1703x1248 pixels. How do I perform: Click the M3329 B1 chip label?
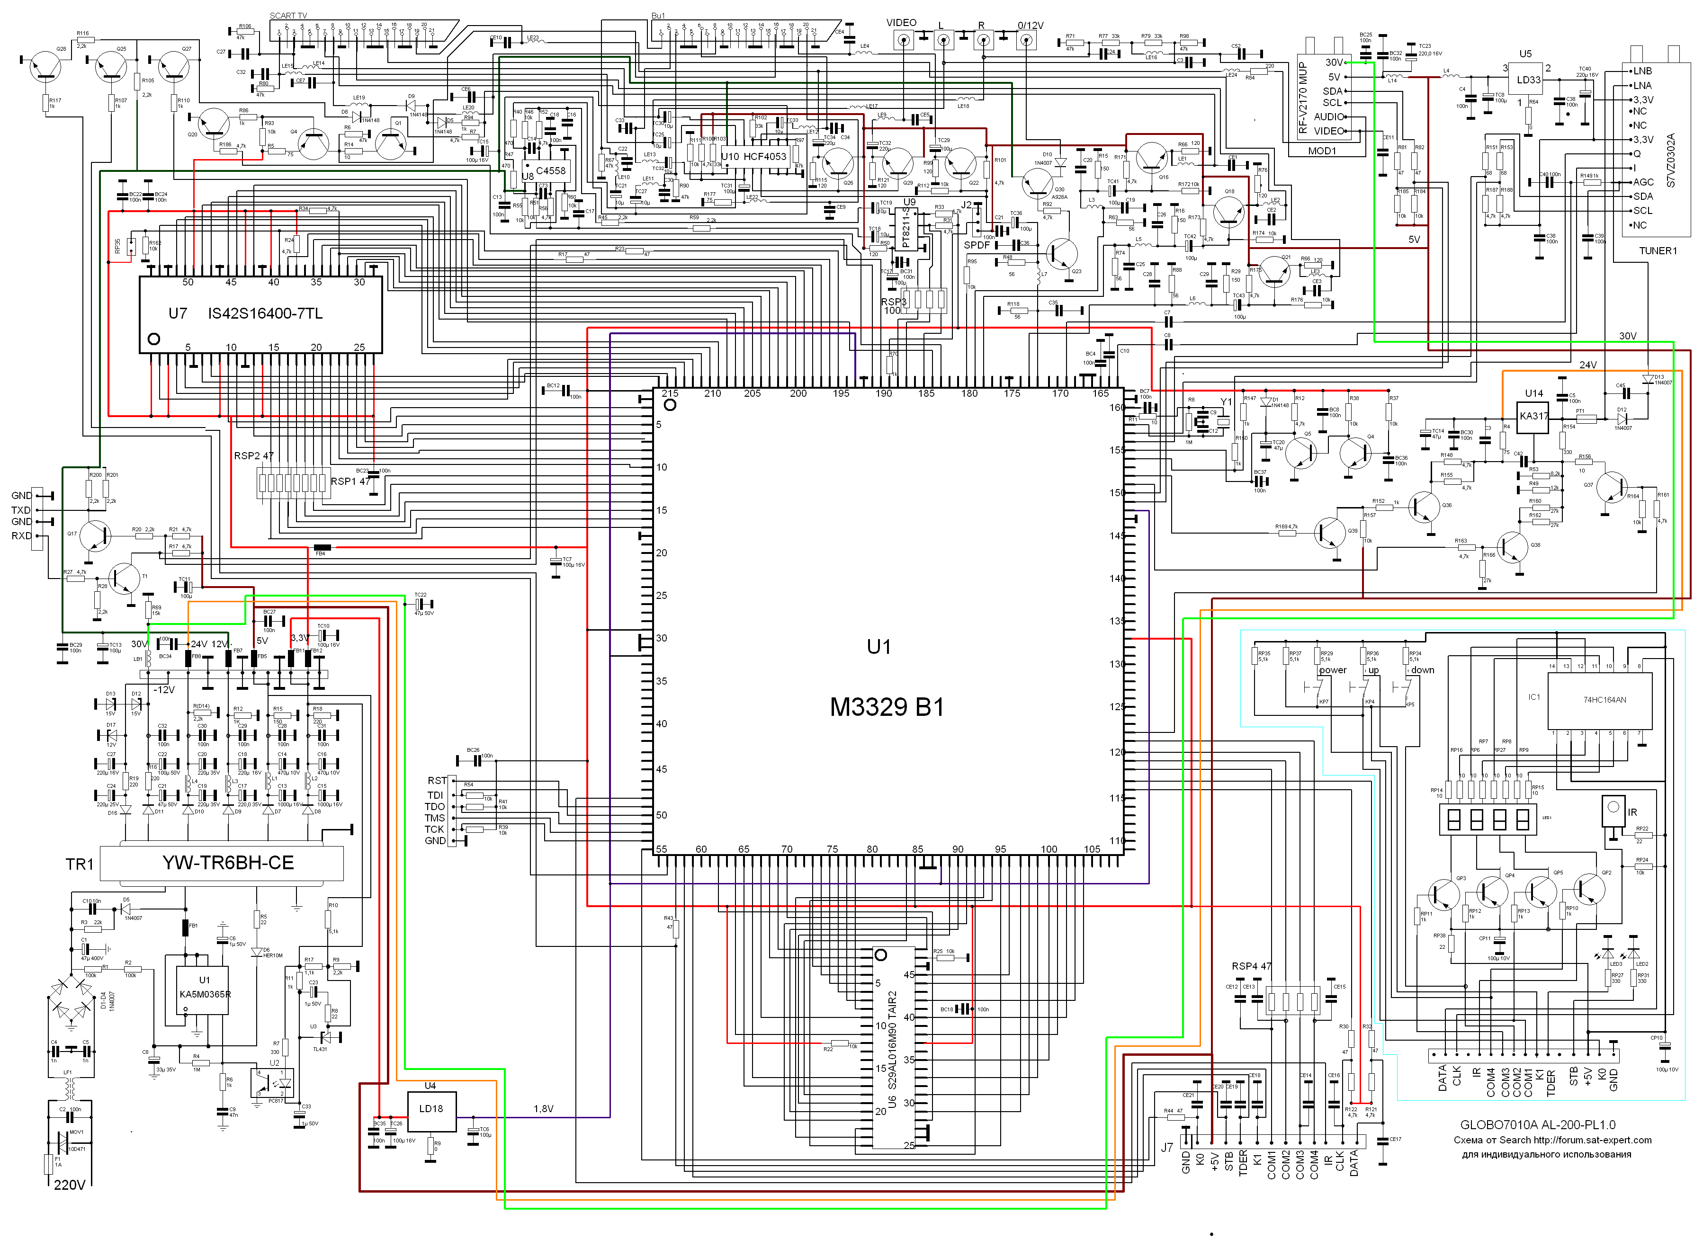point(887,708)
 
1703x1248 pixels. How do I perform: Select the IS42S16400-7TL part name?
point(265,313)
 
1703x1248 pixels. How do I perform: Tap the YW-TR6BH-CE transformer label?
point(227,863)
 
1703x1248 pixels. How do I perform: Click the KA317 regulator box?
point(1534,416)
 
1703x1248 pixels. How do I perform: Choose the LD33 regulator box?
point(1528,80)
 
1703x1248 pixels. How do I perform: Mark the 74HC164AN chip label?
point(1605,700)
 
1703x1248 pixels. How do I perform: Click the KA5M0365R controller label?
point(205,994)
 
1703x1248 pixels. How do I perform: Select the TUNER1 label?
point(1658,251)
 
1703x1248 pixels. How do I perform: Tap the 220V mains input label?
point(70,1185)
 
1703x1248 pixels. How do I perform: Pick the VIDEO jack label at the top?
point(901,23)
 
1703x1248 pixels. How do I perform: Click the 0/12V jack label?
point(1030,25)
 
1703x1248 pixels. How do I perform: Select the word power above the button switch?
point(1333,670)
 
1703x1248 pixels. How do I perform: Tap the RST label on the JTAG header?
point(437,780)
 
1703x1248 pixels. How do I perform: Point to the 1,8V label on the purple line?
point(543,1109)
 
